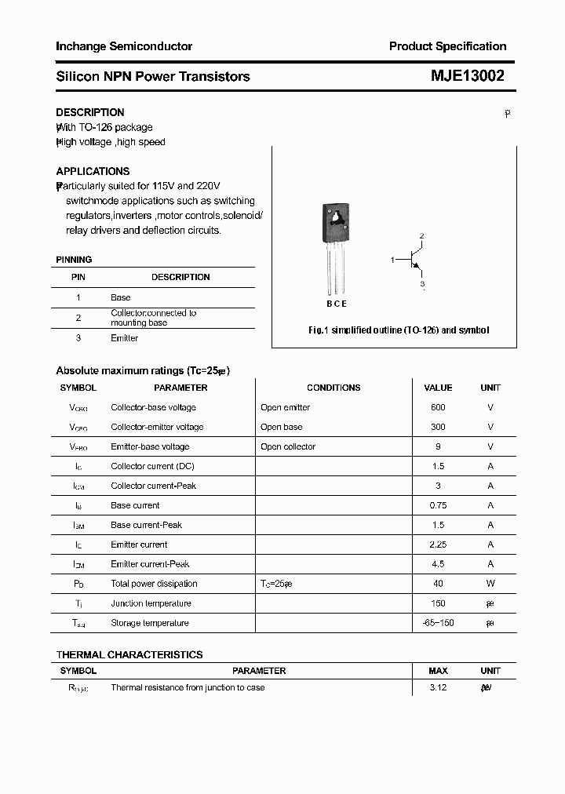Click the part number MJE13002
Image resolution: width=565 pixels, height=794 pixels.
pos(468,76)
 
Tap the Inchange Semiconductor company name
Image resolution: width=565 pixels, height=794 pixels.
pos(124,46)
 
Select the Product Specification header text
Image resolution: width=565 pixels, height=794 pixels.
pos(447,46)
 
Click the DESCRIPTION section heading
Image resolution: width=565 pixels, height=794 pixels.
pos(90,112)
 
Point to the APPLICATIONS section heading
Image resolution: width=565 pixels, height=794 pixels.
pos(93,171)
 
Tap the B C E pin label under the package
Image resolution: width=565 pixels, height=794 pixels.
pos(336,304)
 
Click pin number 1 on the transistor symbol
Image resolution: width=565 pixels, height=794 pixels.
pos(392,259)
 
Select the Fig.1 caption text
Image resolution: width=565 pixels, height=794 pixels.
pos(398,330)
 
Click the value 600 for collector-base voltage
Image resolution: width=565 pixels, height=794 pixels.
pos(438,407)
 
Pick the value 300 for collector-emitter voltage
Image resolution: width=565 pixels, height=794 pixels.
pos(438,427)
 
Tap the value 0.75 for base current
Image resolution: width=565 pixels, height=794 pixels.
pos(438,505)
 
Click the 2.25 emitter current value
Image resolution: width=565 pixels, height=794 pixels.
pos(438,545)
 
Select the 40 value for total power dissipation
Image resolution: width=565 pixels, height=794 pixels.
pos(438,584)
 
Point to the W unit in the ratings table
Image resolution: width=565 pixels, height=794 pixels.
pos(490,584)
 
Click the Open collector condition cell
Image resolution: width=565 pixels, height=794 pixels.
pos(288,446)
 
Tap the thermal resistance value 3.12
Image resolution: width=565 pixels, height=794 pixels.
pos(438,687)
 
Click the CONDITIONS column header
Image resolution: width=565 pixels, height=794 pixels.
pos(334,388)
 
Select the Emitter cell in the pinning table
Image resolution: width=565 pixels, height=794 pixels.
pos(124,338)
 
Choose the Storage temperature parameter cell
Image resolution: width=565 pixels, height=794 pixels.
pos(150,623)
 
